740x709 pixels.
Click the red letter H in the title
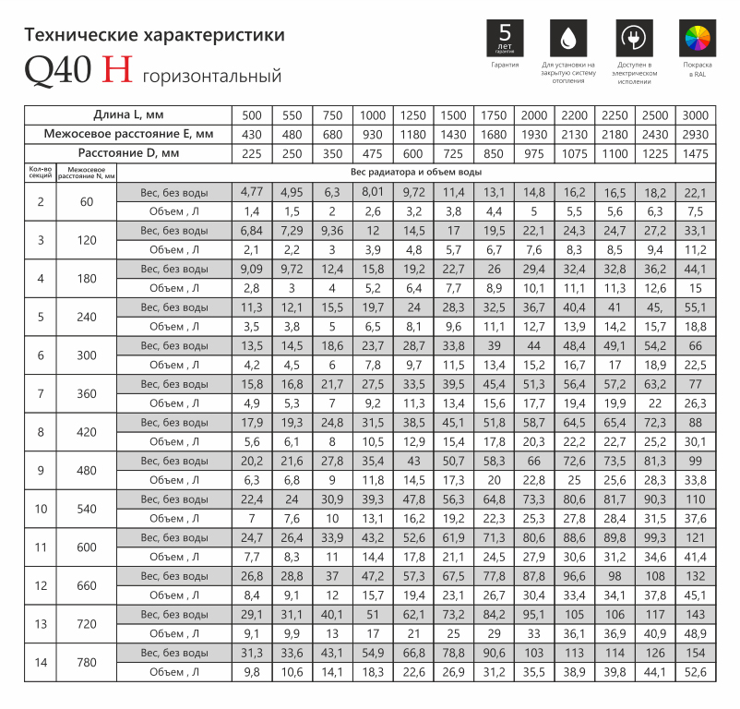(118, 70)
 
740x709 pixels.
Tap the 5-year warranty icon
(504, 38)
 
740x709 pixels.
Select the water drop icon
(567, 38)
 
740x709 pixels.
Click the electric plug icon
(634, 38)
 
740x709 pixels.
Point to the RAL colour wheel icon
(698, 38)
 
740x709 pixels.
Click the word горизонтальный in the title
(211, 75)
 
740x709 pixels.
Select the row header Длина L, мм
(128, 115)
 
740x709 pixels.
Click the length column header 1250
(412, 115)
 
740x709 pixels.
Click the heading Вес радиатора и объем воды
(416, 172)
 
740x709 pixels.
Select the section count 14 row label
(40, 662)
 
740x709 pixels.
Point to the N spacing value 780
(86, 662)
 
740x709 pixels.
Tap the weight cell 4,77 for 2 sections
(252, 192)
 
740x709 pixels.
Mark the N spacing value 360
(86, 393)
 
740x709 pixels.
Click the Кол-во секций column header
(40, 172)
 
